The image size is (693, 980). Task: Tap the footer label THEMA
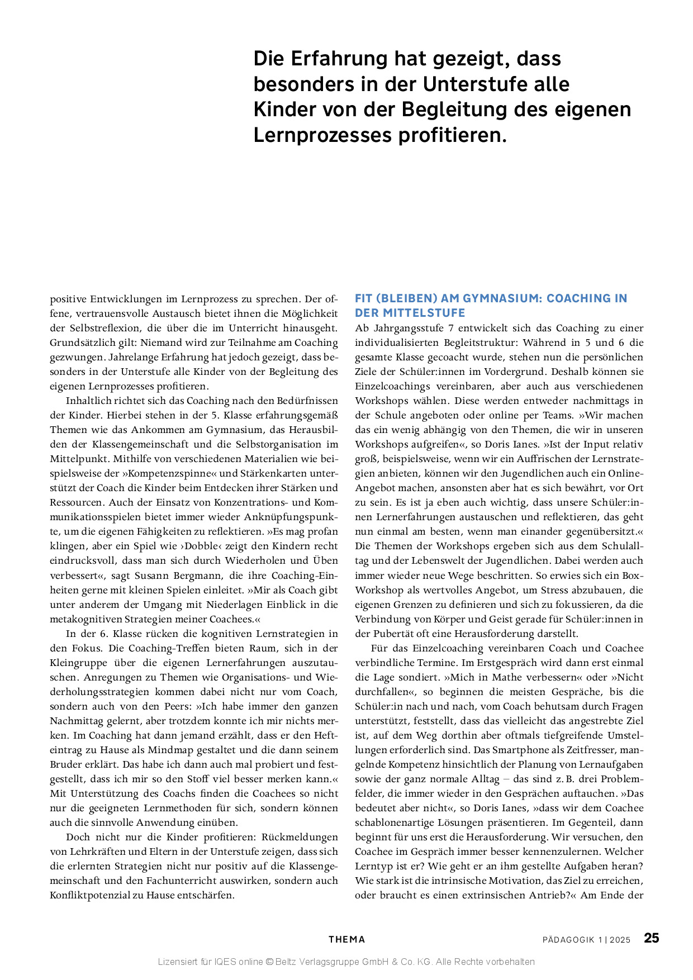point(346,940)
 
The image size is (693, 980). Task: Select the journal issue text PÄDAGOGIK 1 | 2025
point(586,940)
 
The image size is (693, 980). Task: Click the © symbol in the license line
point(269,962)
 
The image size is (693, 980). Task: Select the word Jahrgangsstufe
point(406,328)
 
